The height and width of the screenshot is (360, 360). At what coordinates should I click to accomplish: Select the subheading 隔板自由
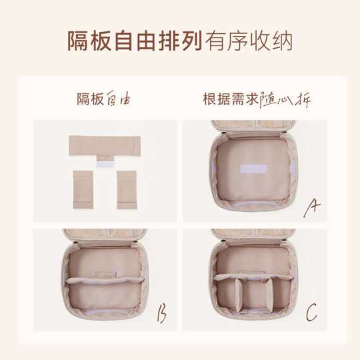(x=103, y=101)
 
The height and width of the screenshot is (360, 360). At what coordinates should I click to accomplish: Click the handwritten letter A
(x=311, y=209)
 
